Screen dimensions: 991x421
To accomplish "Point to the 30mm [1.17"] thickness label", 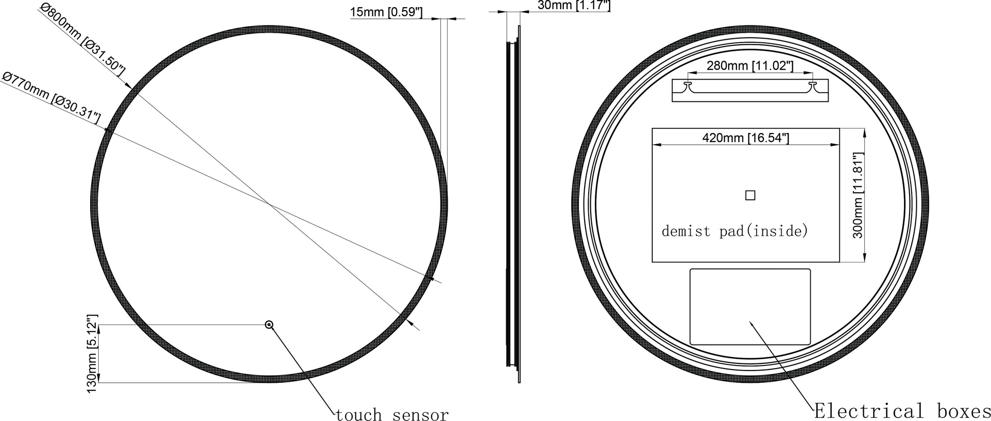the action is click(x=574, y=5).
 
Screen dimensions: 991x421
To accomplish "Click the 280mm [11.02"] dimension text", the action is click(x=750, y=66).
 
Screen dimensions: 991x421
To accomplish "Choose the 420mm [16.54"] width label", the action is click(x=746, y=138).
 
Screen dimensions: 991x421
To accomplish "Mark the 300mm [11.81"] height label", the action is click(x=858, y=195).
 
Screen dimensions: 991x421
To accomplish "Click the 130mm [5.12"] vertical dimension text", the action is click(x=92, y=353).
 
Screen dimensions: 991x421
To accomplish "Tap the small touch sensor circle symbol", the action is click(x=269, y=324).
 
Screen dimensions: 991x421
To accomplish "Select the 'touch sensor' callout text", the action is click(x=392, y=414).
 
